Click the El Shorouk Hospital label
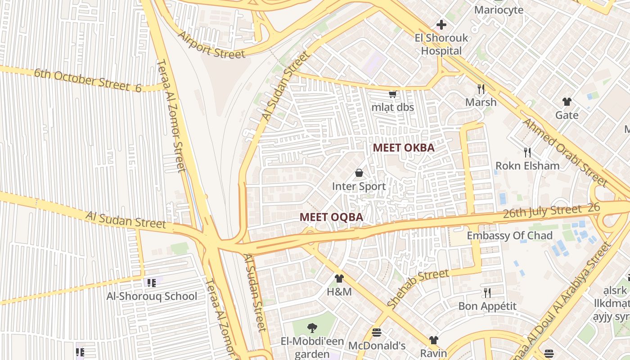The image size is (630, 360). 441,45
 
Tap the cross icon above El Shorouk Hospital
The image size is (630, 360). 441,25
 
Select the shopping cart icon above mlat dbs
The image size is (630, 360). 392,94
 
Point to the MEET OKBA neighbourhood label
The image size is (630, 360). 404,148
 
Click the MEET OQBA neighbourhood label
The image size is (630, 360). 331,217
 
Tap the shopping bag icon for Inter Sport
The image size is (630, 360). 359,173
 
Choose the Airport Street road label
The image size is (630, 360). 211,45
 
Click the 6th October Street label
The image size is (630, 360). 88,80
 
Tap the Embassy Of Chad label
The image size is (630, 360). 509,236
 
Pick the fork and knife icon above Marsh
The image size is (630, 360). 481,89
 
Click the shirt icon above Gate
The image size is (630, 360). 567,102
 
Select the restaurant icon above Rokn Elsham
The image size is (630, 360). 527,153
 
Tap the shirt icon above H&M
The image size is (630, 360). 339,279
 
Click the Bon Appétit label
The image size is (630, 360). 487,306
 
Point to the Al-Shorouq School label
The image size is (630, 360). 152,296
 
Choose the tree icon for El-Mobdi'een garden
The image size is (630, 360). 311,328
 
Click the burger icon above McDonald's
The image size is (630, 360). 377,333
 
